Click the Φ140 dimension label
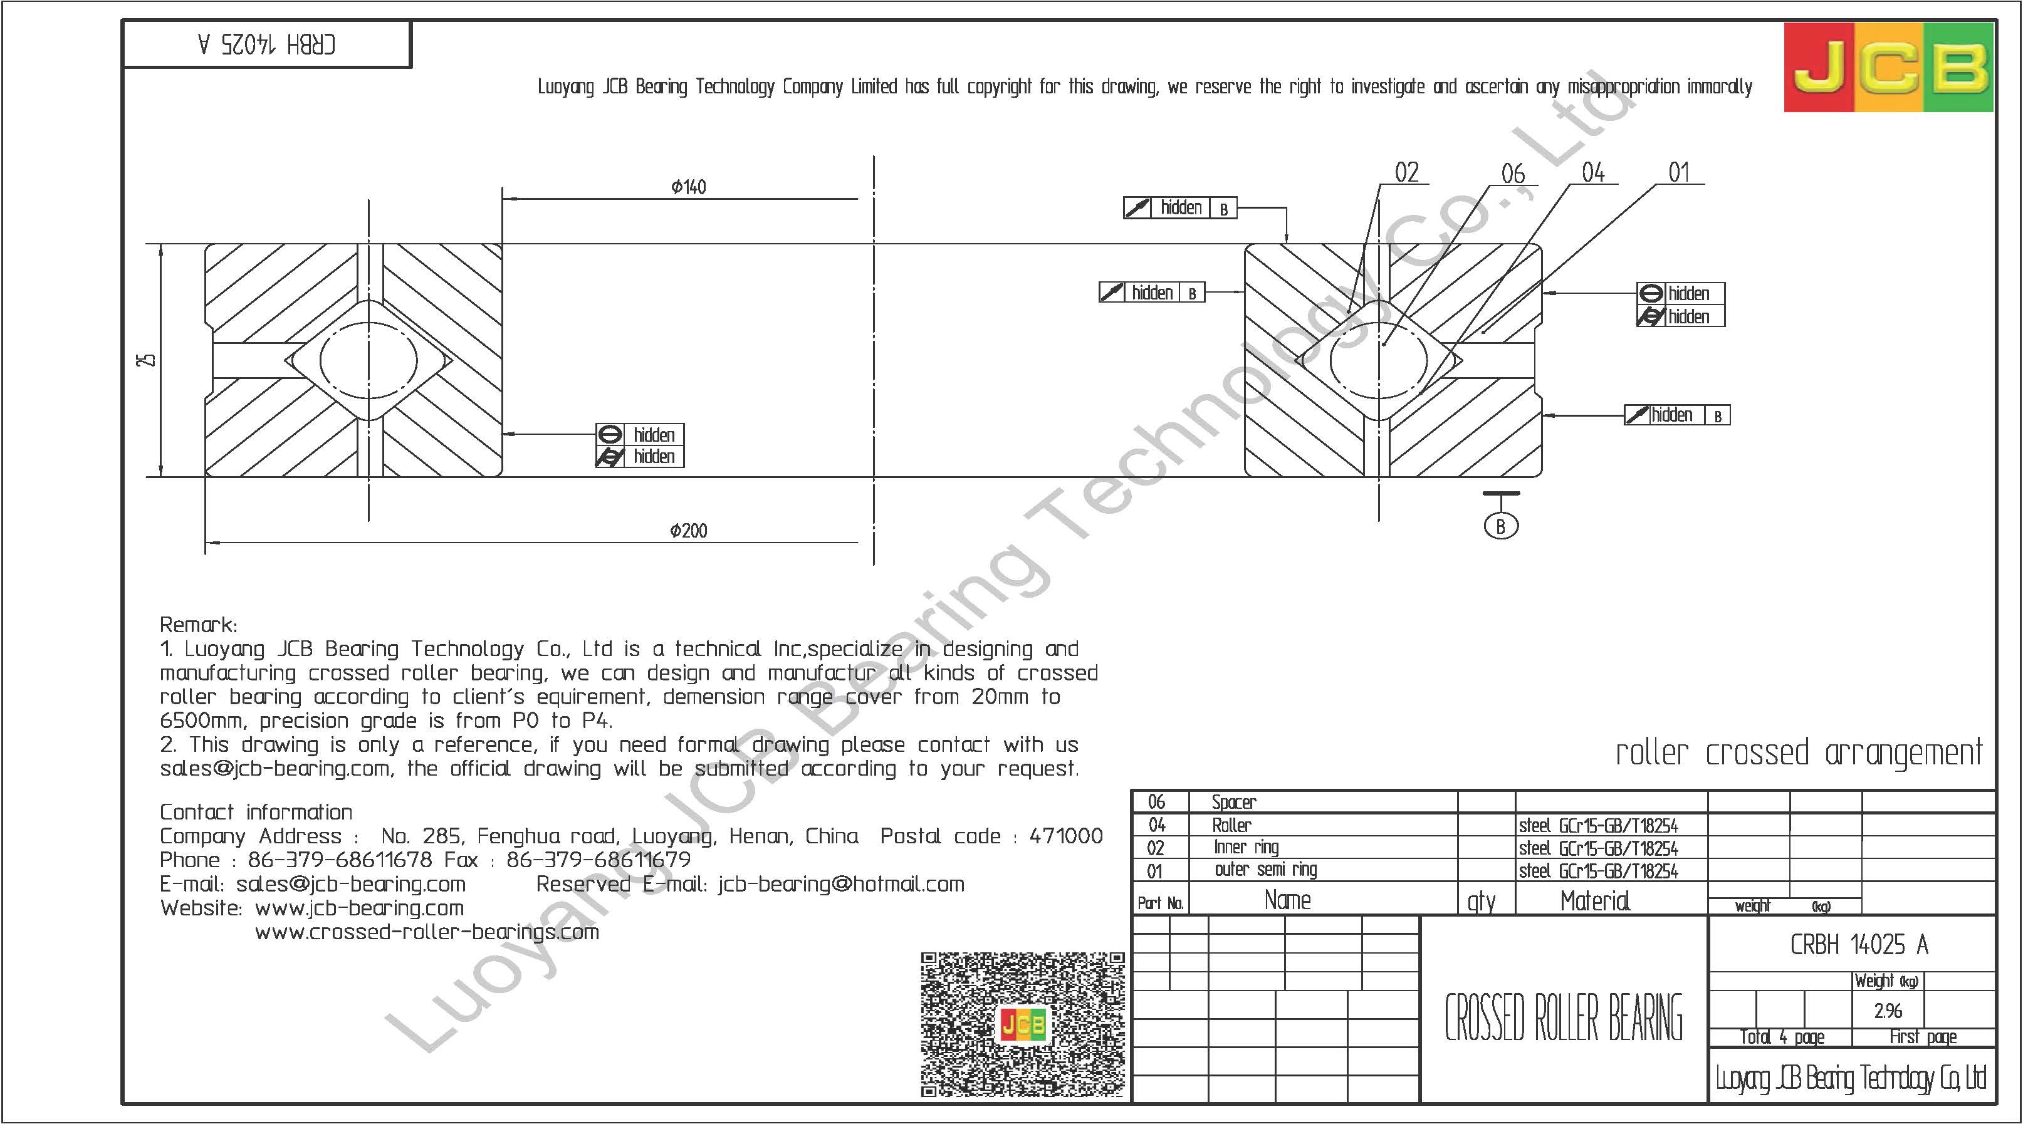pyautogui.click(x=689, y=187)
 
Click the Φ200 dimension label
pyautogui.click(x=689, y=531)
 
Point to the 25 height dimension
pyautogui.click(x=145, y=360)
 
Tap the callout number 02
pyautogui.click(x=1406, y=173)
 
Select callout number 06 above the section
pyautogui.click(x=1512, y=174)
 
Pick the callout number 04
pyautogui.click(x=1592, y=173)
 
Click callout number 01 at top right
pyautogui.click(x=1678, y=173)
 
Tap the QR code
pyautogui.click(x=1023, y=1024)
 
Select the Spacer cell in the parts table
pyautogui.click(x=1234, y=802)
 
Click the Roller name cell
pyautogui.click(x=1231, y=825)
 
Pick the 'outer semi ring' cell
pyautogui.click(x=1265, y=870)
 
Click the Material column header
pyautogui.click(x=1595, y=900)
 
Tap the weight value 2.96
pyautogui.click(x=1887, y=1011)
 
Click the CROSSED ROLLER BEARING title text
pyautogui.click(x=1564, y=1017)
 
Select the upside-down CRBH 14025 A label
pyautogui.click(x=267, y=44)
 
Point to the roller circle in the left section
pyautogui.click(x=369, y=360)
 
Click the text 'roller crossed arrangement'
pyautogui.click(x=1799, y=752)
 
